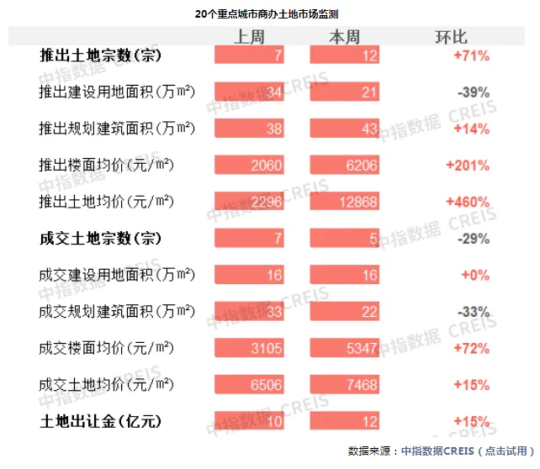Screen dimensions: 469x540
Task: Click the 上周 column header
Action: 250,37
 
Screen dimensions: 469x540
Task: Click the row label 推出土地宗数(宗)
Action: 100,55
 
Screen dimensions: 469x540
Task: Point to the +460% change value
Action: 470,202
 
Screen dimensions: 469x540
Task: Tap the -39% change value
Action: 473,92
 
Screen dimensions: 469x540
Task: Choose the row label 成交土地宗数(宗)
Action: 100,239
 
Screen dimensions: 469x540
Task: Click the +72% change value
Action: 472,348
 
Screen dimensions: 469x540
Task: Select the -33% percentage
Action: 473,312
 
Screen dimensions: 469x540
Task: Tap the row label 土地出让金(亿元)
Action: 100,420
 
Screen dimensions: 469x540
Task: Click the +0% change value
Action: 475,275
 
